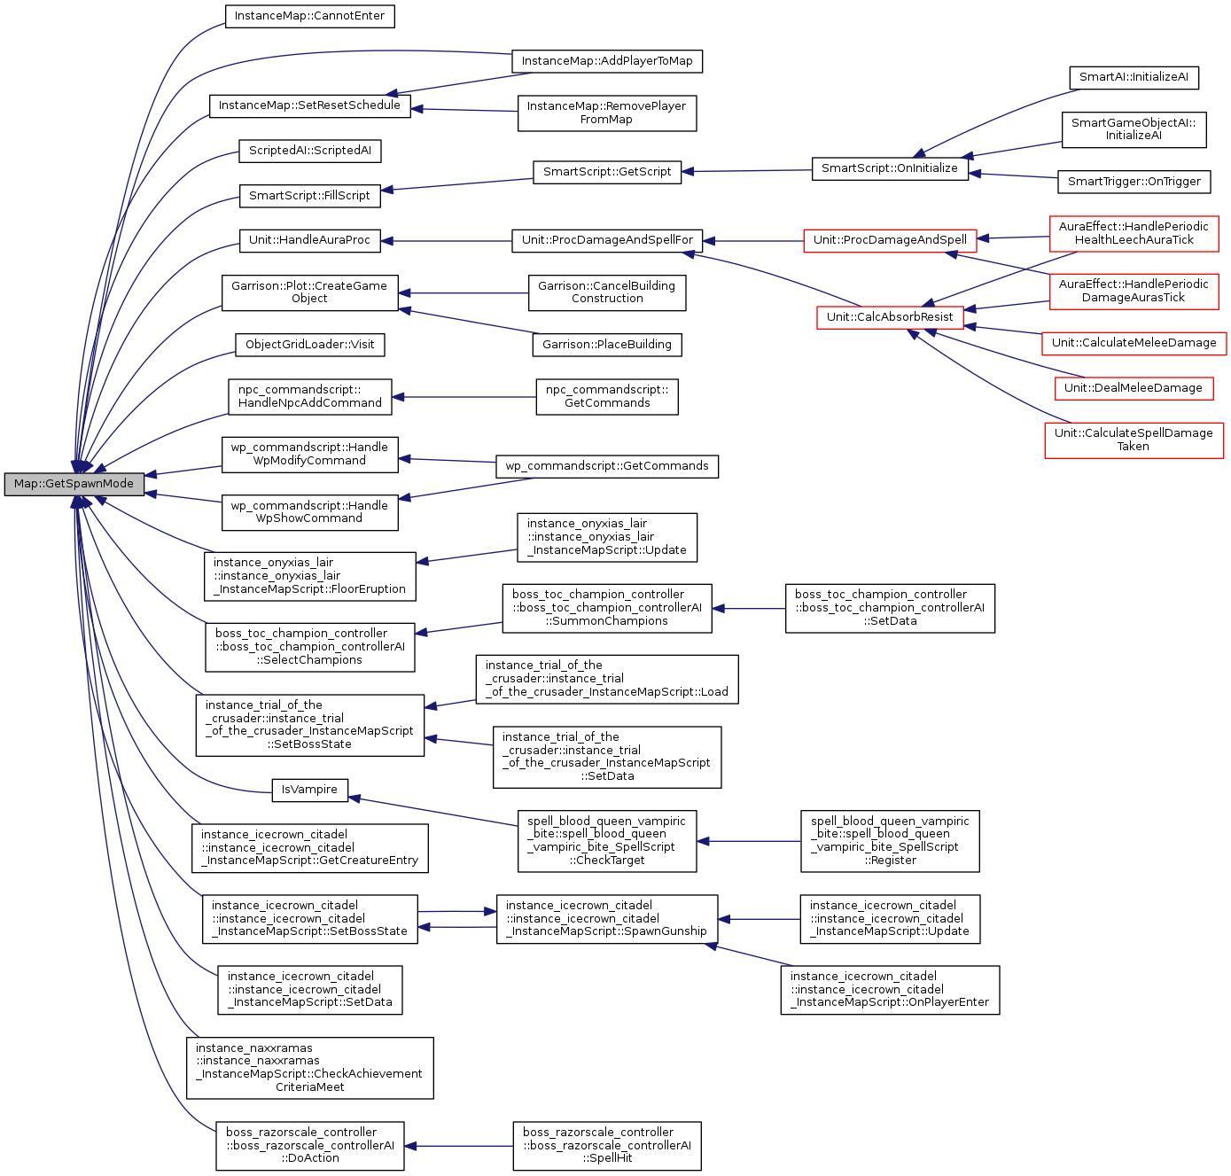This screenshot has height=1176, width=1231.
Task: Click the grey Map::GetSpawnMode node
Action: tap(74, 484)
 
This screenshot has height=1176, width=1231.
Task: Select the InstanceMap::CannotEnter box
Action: tap(309, 16)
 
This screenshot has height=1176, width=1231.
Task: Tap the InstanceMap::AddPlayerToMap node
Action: tap(607, 61)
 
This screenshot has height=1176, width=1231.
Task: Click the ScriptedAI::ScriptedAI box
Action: tap(309, 151)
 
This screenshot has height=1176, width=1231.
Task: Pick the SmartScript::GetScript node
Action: tap(607, 172)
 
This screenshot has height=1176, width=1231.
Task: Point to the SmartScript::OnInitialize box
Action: tap(889, 168)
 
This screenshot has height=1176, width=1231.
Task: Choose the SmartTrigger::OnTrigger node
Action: tap(1134, 182)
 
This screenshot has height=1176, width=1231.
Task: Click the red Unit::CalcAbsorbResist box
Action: tap(890, 317)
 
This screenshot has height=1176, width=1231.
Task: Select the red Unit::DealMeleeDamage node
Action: tap(1133, 388)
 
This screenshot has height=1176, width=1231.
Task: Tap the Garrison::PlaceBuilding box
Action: tap(607, 345)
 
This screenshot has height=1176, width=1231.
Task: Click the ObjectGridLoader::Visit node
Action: tap(309, 345)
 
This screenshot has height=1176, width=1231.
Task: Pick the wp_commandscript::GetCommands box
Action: tap(607, 466)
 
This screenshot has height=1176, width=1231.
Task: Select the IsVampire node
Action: tap(309, 790)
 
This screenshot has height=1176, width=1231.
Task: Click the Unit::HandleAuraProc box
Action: tap(309, 240)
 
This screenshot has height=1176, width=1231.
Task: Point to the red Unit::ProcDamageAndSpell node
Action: tap(890, 240)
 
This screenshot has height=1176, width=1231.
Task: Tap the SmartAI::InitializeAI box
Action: tap(1134, 77)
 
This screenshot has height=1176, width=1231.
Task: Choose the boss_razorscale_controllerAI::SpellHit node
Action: tap(607, 1145)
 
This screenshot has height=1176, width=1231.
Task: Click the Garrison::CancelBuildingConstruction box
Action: tap(607, 292)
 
